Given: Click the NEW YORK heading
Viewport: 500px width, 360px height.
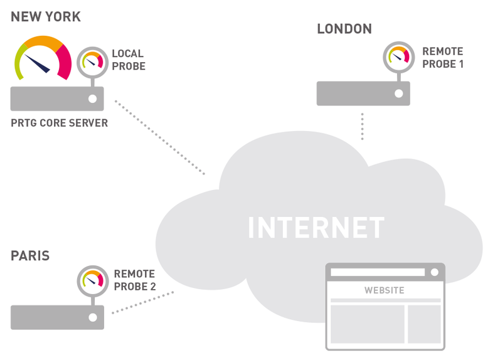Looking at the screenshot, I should tap(46, 17).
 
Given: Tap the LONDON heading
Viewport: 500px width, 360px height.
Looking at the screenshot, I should tap(344, 29).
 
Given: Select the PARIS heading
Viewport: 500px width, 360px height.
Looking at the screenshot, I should tap(30, 255).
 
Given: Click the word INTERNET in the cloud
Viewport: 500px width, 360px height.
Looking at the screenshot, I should tap(316, 228).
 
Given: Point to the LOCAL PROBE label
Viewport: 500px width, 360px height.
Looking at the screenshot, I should tap(129, 60).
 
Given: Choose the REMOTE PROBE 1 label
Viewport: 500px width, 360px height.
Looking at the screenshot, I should tap(443, 58).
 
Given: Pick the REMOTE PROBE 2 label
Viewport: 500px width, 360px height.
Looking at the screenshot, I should tap(134, 280).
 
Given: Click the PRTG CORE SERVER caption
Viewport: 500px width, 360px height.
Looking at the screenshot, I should tap(60, 123).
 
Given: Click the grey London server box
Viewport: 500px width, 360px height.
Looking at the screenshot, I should tap(363, 93).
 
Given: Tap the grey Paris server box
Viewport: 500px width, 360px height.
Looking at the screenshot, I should tap(57, 317).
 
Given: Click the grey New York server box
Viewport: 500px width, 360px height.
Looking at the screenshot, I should tap(57, 99).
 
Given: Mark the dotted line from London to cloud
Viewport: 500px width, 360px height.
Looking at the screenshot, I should tap(363, 126).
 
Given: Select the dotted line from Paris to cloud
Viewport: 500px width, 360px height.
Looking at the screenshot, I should tap(143, 302).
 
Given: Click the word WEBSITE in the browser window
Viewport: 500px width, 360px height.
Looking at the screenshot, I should tap(385, 290).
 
